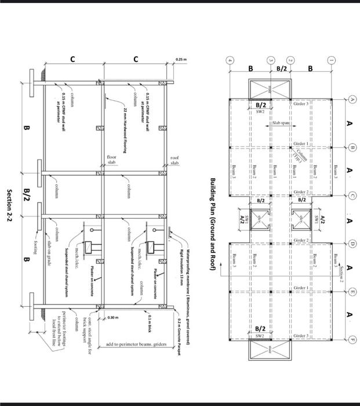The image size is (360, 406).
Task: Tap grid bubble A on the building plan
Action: (x=351, y=99)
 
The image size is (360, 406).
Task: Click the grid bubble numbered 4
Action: (x=230, y=60)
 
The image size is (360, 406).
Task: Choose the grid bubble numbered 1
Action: (x=331, y=60)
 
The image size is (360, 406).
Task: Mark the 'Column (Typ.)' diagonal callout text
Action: (x=302, y=154)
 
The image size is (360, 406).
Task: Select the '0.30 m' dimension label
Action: (x=114, y=318)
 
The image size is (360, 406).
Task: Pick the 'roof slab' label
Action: (x=174, y=159)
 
